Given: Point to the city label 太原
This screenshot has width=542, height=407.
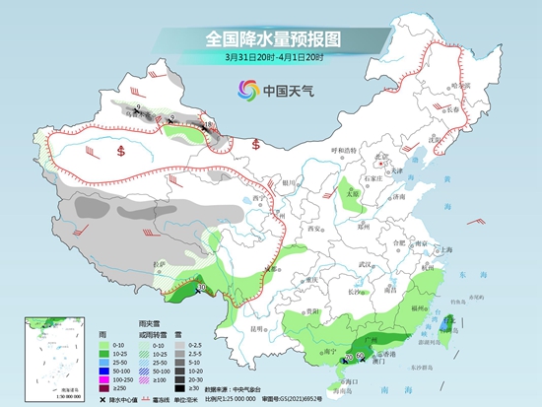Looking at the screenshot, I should click(x=352, y=193).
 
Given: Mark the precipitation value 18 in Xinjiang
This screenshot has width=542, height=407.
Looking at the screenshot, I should click(x=206, y=125).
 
